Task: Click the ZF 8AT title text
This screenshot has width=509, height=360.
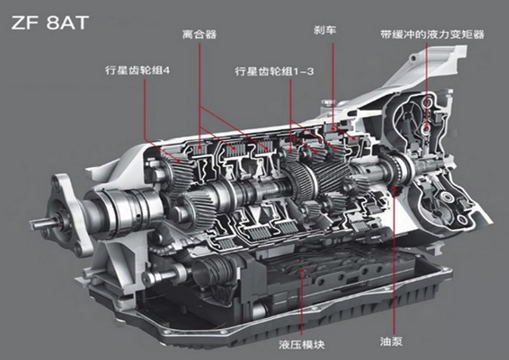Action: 49,23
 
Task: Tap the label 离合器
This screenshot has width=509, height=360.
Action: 199,34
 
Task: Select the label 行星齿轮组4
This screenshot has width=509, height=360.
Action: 138,70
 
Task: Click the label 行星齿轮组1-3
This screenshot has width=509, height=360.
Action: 274,71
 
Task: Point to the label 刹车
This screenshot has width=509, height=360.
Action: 325,30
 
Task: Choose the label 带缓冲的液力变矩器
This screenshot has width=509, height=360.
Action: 433,34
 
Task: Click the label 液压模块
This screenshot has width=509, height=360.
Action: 302,344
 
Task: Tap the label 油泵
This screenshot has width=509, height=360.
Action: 391,342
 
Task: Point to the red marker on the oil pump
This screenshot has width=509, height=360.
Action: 394,190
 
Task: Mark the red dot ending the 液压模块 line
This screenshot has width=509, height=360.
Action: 302,271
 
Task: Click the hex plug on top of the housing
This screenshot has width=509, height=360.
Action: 327,103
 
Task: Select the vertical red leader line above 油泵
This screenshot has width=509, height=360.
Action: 394,264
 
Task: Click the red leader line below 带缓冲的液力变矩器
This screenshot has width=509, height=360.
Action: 426,85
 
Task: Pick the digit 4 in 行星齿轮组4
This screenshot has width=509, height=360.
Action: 167,70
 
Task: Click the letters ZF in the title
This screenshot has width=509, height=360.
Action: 26,23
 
